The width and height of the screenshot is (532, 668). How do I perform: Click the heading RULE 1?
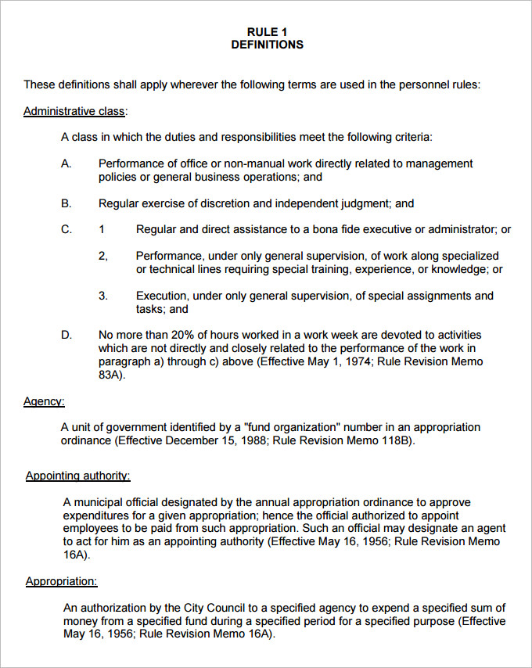267,32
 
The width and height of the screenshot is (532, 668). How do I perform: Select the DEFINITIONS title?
267,45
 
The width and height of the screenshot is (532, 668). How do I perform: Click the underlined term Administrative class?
74,111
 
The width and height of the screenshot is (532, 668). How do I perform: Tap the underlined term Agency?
44,401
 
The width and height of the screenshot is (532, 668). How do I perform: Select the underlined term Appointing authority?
77,476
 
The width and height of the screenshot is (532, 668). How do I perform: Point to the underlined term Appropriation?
61,581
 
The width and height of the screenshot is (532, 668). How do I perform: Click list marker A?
66,163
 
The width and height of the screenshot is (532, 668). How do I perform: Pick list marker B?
66,203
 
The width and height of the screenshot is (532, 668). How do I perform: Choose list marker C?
66,229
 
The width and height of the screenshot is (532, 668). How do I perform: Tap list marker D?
66,335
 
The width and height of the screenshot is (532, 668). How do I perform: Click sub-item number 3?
102,296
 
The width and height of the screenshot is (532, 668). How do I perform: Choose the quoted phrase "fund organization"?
293,427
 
